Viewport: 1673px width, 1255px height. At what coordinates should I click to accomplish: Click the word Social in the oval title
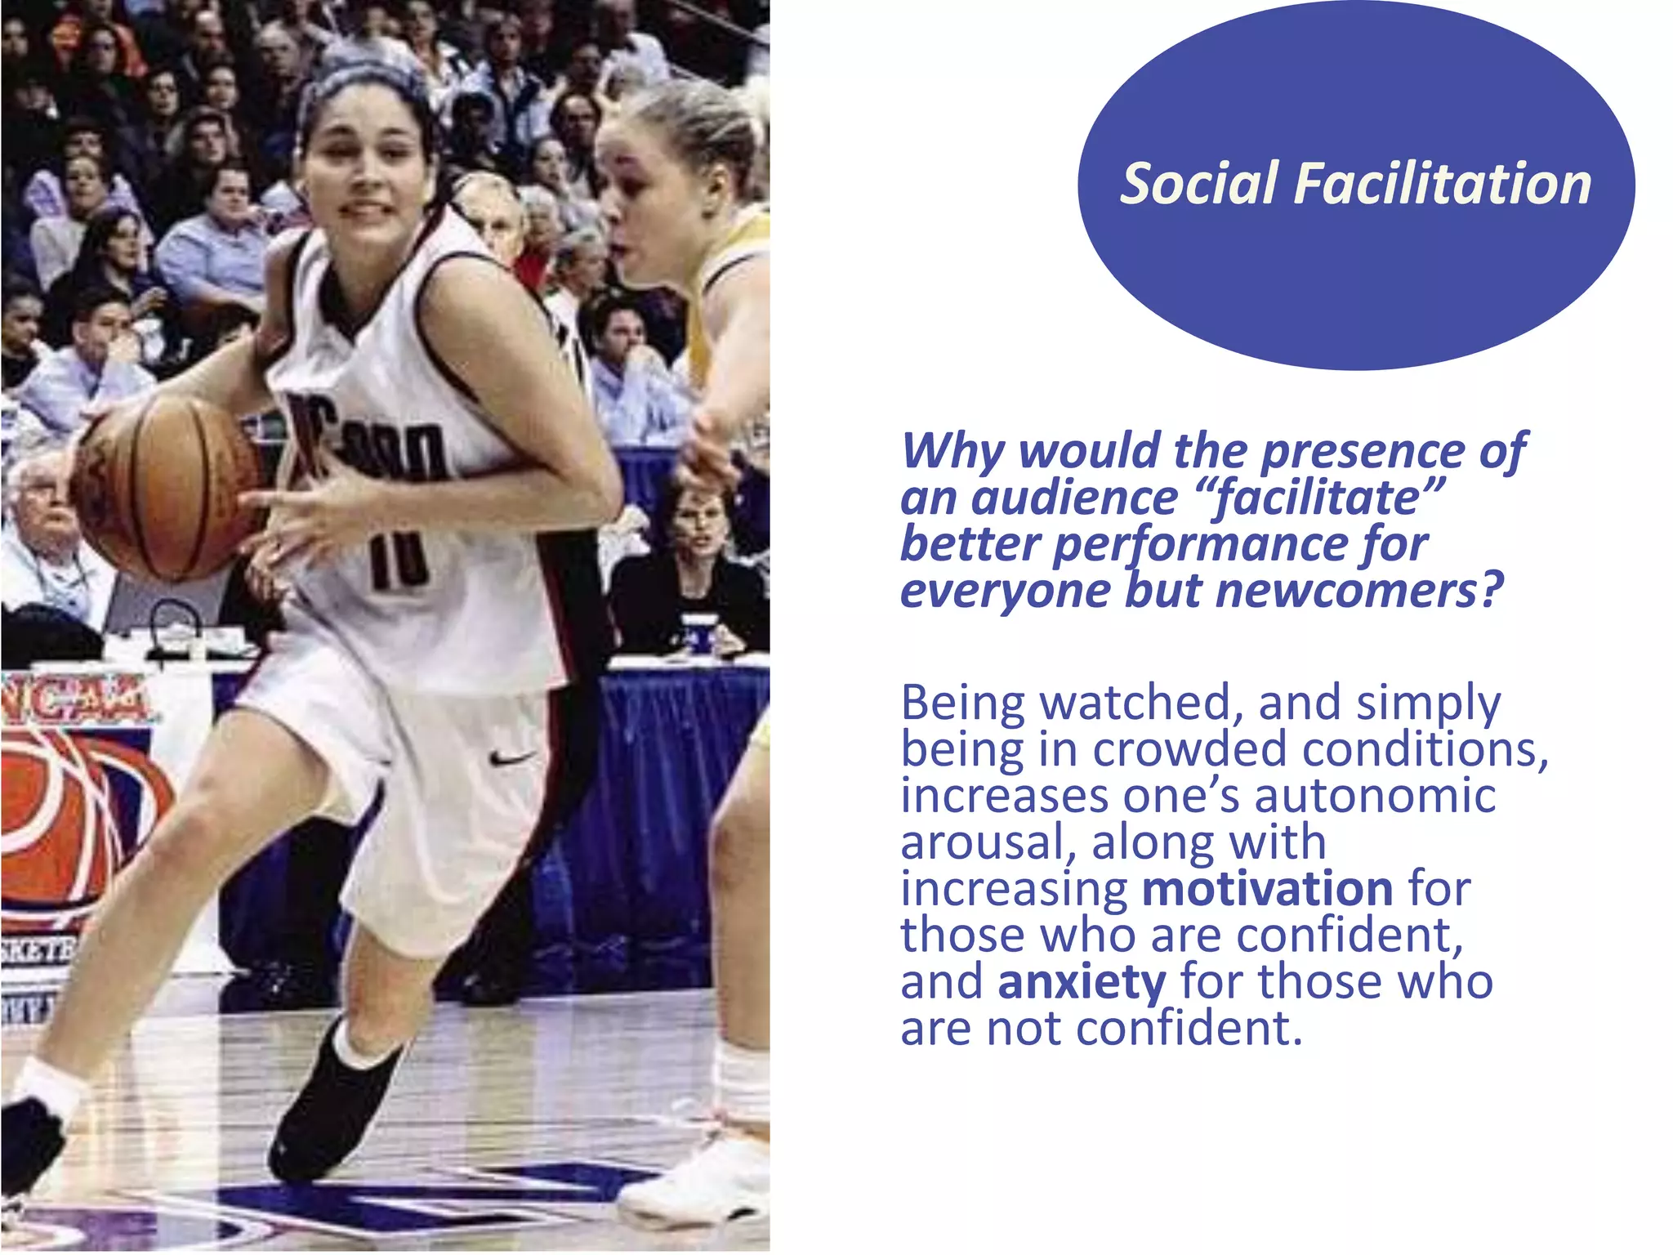click(x=1198, y=183)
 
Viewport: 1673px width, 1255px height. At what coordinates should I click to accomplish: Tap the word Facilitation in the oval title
click(x=1442, y=183)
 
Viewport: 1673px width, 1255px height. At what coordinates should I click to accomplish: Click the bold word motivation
click(x=1267, y=889)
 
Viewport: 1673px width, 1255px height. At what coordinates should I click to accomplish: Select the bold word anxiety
click(x=1082, y=982)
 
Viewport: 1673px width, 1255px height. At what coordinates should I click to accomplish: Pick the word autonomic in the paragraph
click(x=1375, y=796)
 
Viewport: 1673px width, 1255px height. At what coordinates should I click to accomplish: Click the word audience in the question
click(x=1075, y=498)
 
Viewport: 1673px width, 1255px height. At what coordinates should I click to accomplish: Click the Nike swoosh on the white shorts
click(x=512, y=758)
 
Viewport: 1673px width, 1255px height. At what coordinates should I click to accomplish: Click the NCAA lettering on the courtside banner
click(x=78, y=699)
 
